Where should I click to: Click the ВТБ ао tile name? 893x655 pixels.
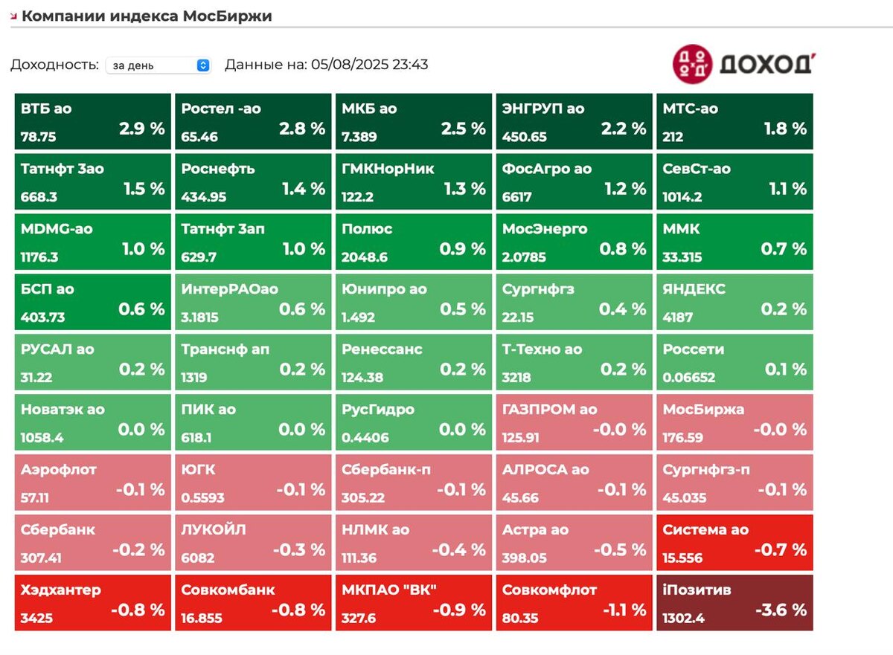tap(47, 109)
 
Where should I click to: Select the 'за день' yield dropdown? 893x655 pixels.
tap(159, 65)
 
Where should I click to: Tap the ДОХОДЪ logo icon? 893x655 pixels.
tap(691, 64)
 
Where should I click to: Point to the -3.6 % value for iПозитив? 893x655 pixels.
tap(781, 610)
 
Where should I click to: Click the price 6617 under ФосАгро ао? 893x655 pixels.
tap(516, 197)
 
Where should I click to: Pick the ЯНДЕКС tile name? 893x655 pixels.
tap(694, 289)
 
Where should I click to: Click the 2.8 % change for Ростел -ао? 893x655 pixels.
tap(302, 129)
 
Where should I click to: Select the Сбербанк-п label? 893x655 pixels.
tap(386, 470)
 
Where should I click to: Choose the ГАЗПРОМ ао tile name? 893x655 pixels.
tap(549, 410)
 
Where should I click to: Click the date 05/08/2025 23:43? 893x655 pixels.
tap(367, 65)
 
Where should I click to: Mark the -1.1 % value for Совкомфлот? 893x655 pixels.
tap(621, 610)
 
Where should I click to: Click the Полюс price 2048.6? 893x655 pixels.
tap(364, 257)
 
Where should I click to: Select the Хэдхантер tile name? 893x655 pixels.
tap(61, 590)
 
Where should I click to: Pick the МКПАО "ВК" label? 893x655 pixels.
tap(389, 590)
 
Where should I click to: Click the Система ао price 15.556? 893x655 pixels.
tap(685, 558)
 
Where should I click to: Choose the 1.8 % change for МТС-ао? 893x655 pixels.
tap(784, 129)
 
